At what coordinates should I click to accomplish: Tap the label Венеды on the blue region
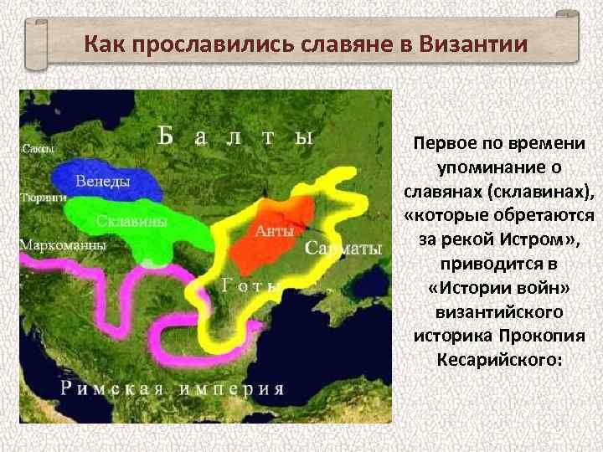point(102,181)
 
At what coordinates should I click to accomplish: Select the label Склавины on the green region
point(131,222)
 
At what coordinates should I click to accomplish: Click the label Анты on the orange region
point(275,231)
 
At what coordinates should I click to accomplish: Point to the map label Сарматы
point(343,249)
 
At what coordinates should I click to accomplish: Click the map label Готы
point(251,285)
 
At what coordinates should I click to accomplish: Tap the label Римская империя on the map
point(172,388)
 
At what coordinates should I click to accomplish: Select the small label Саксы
point(38,149)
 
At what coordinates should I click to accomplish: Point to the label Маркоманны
point(62,246)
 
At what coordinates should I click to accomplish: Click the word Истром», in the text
point(543,239)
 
